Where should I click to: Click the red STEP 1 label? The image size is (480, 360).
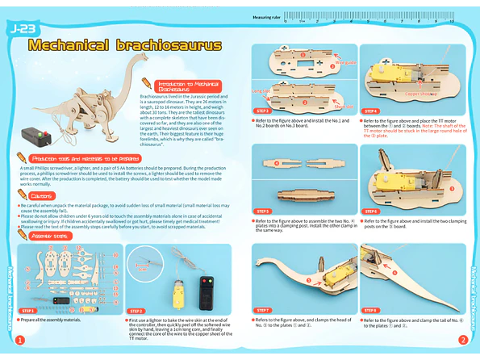[29, 310]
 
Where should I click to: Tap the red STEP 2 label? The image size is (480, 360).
[136, 310]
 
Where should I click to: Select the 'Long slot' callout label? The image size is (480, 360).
[261, 91]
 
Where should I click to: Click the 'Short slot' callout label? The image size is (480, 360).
[344, 106]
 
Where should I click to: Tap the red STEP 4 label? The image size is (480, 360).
[370, 111]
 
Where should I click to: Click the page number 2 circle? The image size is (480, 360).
[462, 340]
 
